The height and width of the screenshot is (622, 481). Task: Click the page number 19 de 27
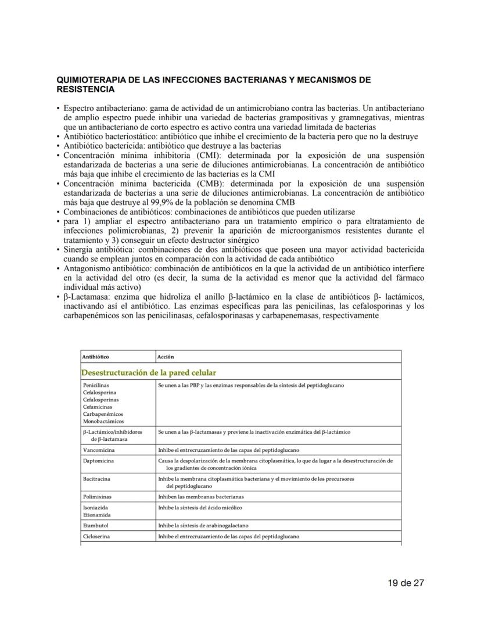coord(407,583)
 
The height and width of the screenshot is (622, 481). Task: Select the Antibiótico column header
coord(96,357)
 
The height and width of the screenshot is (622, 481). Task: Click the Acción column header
coord(166,357)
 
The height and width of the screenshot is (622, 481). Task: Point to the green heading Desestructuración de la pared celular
coord(150,372)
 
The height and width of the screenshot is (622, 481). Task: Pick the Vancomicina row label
coord(98,450)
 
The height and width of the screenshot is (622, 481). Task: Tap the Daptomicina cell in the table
coord(98,461)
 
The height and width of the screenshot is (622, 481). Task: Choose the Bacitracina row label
coord(96,479)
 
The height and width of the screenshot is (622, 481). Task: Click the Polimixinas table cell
coord(97,497)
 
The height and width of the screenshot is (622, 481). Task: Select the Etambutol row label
coord(96,526)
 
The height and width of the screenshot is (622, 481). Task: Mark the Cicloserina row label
coord(96,537)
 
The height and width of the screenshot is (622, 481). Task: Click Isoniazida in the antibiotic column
coord(95,507)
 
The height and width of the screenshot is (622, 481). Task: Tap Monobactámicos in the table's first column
coord(103,421)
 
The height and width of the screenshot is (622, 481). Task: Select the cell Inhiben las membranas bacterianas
coord(201,497)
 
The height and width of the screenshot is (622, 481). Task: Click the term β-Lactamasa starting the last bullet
coord(83,297)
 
